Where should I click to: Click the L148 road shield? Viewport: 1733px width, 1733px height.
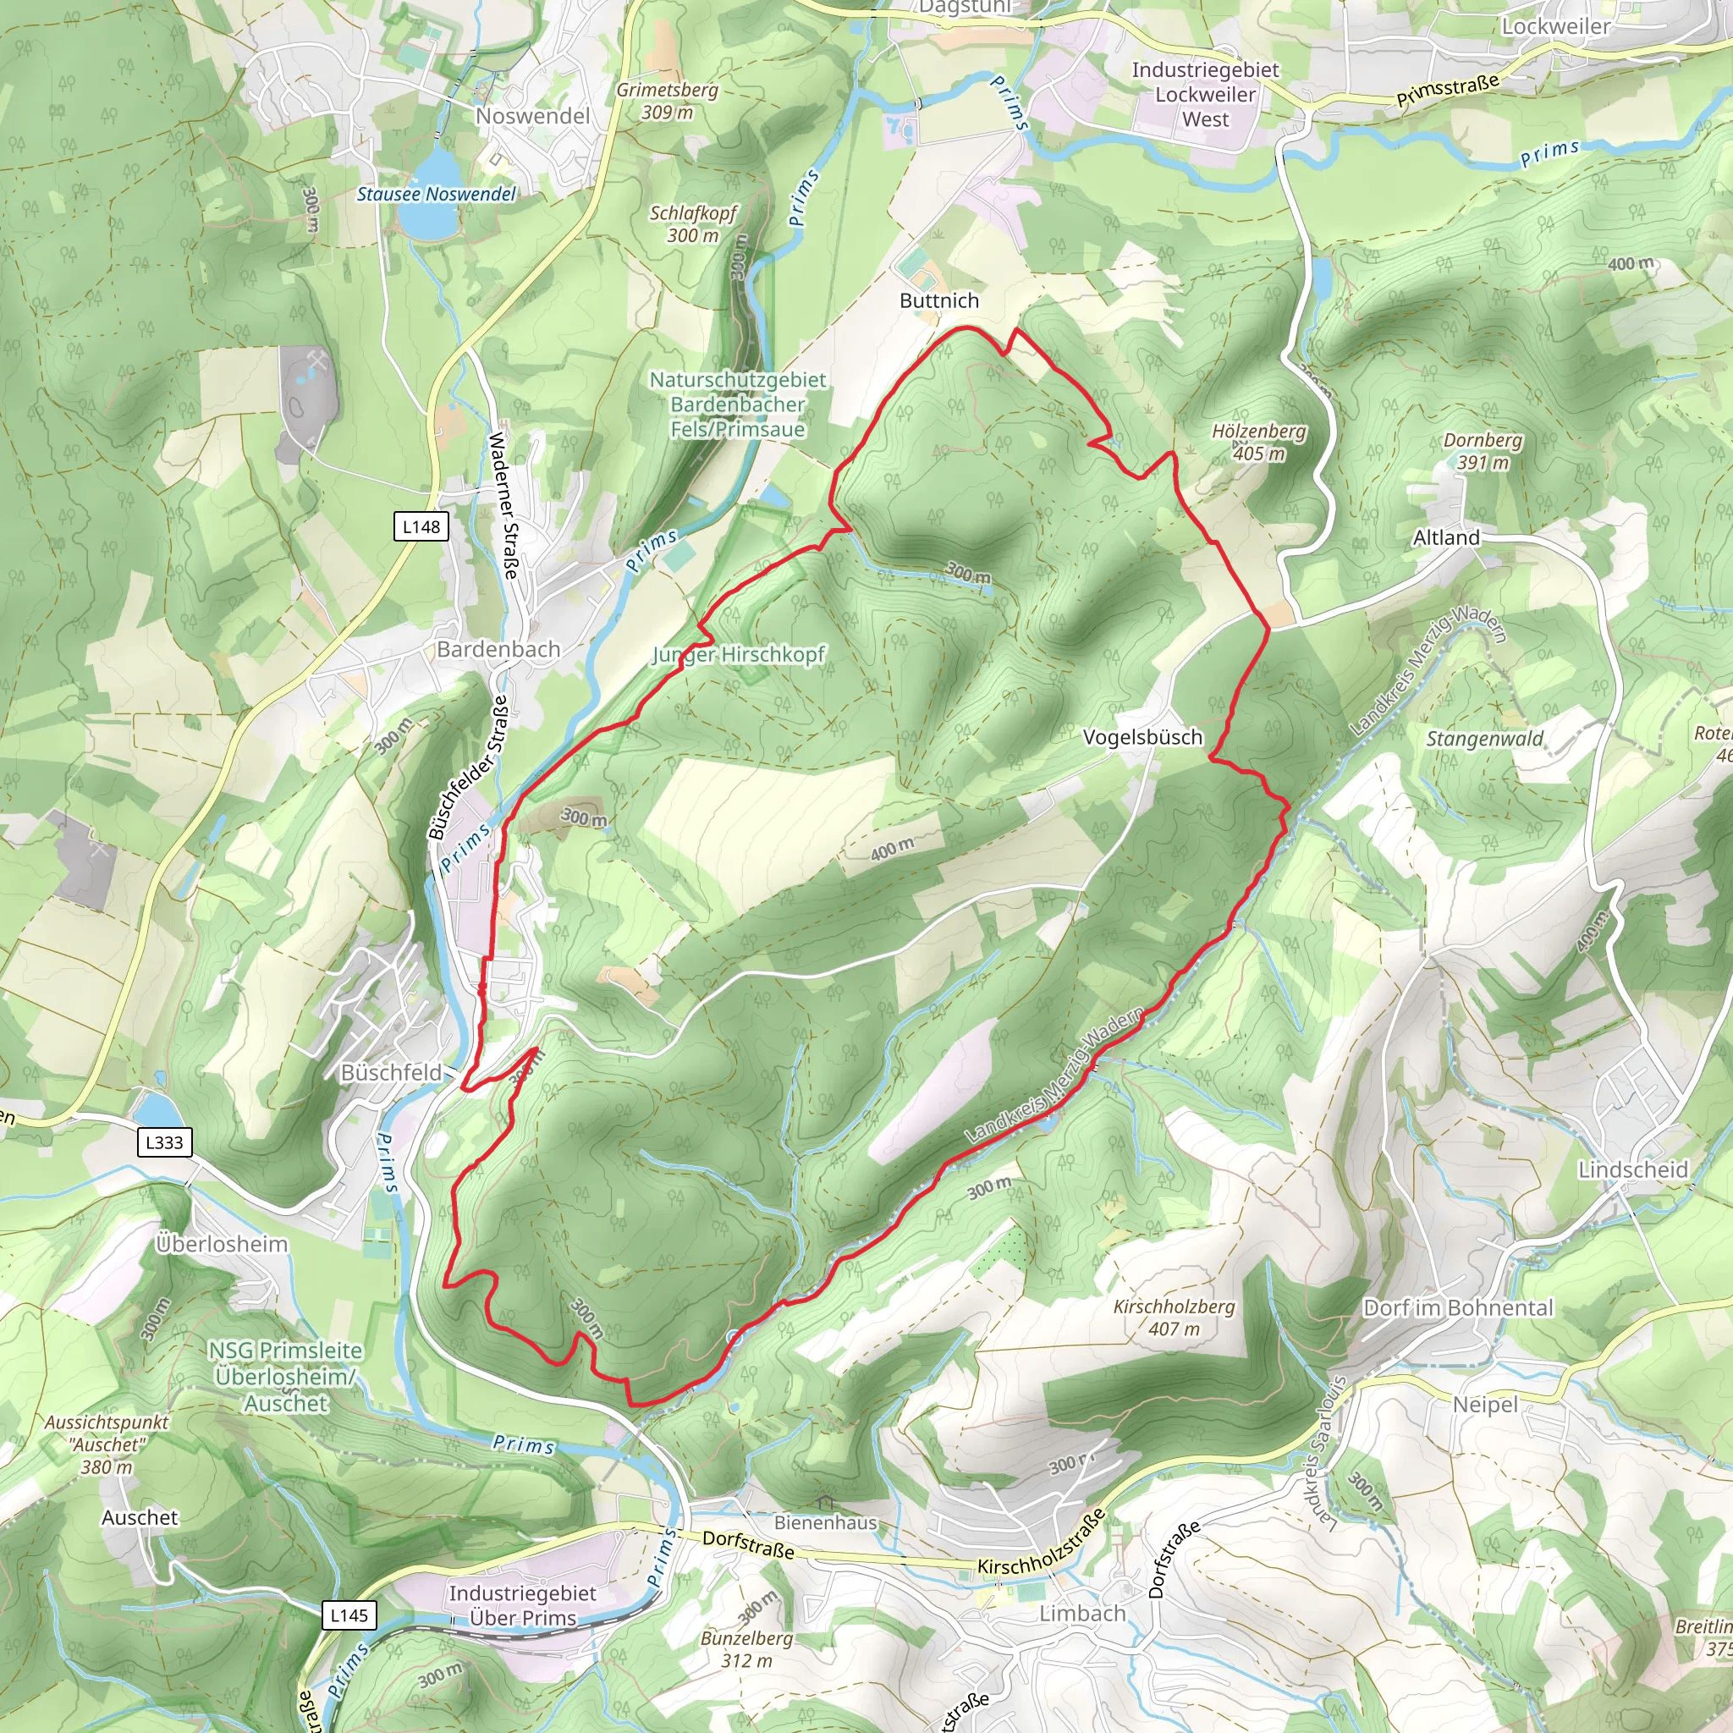421,526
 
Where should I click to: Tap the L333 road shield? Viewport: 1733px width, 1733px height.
164,1142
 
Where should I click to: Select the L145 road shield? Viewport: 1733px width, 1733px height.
349,1615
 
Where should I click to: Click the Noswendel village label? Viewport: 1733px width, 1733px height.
533,116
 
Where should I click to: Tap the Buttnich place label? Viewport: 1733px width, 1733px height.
939,300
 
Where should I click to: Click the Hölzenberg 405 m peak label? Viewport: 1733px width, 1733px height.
1258,443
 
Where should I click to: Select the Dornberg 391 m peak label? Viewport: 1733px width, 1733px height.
1483,451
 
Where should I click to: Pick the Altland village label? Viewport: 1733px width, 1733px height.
1446,537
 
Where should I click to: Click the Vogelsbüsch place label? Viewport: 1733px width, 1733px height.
1142,737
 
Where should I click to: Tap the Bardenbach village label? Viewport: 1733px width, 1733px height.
498,649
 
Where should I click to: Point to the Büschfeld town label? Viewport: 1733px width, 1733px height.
392,1073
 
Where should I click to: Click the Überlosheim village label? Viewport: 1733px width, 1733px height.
223,1244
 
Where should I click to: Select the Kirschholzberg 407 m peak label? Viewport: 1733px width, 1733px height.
1175,1318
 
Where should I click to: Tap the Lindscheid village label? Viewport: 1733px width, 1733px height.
1632,1169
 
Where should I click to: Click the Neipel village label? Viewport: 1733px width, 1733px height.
1485,1405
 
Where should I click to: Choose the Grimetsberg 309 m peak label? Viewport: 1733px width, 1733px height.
668,101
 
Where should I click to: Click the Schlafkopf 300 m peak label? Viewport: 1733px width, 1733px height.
693,223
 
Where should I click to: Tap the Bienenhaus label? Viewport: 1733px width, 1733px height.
825,1522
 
